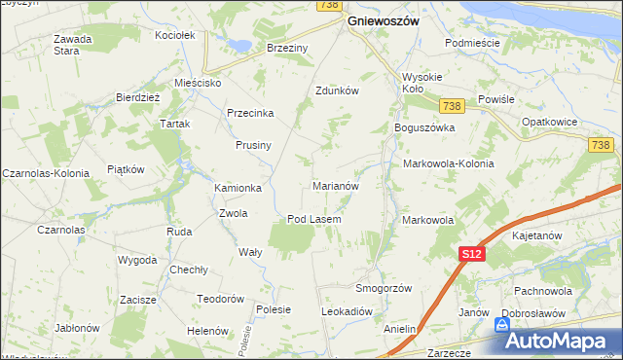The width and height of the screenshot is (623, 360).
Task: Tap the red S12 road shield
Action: click(471, 254)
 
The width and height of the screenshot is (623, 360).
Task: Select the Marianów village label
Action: click(337, 185)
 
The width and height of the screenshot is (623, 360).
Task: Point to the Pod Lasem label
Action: click(313, 219)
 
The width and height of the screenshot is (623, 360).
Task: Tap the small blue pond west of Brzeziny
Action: click(237, 45)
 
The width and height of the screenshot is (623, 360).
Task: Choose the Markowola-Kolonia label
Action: click(448, 163)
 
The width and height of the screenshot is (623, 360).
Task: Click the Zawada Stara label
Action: click(73, 45)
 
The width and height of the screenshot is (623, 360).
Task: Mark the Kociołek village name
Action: click(176, 35)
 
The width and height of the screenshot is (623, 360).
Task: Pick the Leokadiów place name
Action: click(348, 311)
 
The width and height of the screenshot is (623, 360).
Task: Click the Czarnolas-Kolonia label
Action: click(46, 172)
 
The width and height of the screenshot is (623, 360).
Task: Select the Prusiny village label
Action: click(252, 145)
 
